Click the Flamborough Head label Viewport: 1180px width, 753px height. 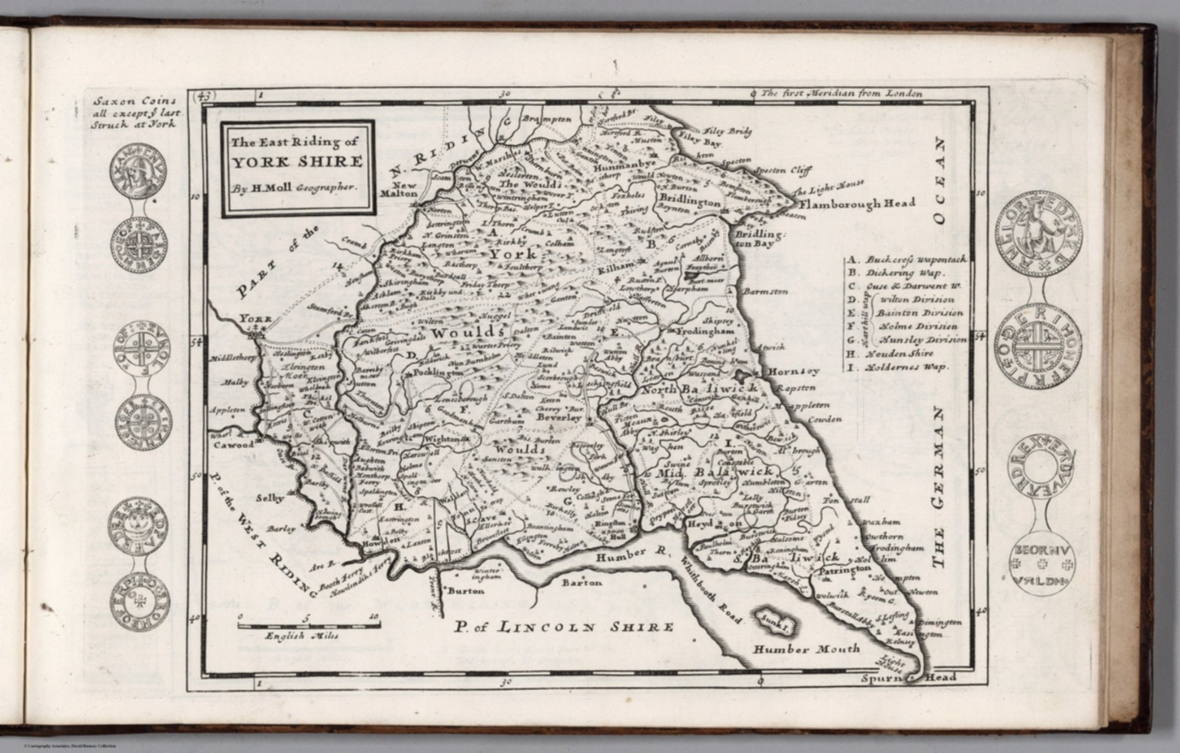click(x=857, y=204)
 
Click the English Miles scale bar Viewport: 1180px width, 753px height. click(x=306, y=626)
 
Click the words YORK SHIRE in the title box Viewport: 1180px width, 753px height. click(x=297, y=162)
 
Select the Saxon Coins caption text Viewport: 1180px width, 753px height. click(x=131, y=111)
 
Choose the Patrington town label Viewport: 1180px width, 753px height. click(x=842, y=571)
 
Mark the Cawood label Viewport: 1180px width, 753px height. click(x=234, y=445)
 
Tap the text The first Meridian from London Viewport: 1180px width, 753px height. click(x=841, y=94)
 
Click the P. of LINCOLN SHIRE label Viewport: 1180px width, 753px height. click(x=563, y=627)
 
